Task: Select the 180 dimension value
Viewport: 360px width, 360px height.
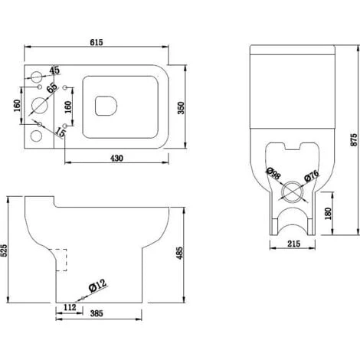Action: point(328,212)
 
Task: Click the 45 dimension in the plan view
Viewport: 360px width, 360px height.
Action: point(54,71)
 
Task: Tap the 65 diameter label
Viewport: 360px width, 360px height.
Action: point(52,89)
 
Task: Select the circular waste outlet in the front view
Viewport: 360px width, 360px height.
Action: point(290,192)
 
